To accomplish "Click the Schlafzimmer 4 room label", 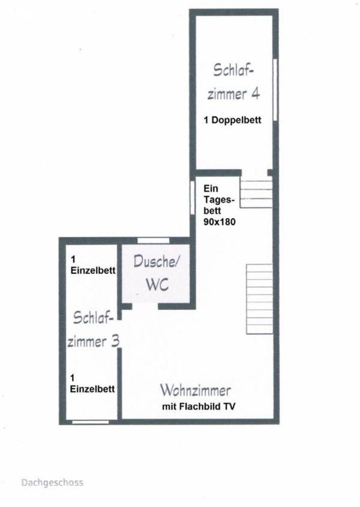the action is coord(233,82).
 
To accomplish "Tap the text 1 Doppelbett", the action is coord(232,120).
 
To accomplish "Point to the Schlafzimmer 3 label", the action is coord(93,329).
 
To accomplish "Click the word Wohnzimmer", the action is coord(196,390).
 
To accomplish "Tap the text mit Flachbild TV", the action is coord(199,407).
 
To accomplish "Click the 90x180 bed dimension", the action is coord(219,222).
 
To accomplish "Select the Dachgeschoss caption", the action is coord(53,483).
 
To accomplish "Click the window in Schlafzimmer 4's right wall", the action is coord(276,90).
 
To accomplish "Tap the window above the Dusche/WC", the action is coord(153,240).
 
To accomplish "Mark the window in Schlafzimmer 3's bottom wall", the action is coord(91,422).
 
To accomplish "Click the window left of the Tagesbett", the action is coord(192,197).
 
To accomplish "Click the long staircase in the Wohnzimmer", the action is coord(260,299).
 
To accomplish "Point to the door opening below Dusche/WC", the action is coord(145,306).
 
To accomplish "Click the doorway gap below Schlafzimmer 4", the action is coord(254,172).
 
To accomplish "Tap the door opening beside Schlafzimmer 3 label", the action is coord(119,334).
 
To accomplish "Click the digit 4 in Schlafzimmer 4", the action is coord(255,94).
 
